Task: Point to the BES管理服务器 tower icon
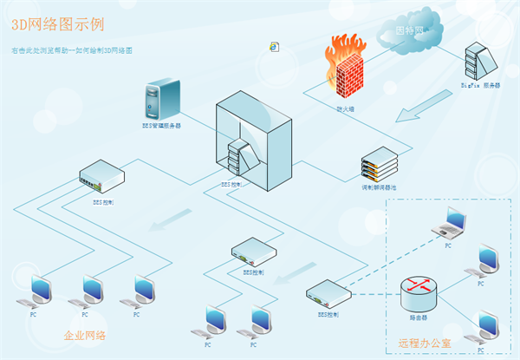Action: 162,99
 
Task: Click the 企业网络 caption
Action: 85,334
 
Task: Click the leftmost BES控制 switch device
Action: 101,177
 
